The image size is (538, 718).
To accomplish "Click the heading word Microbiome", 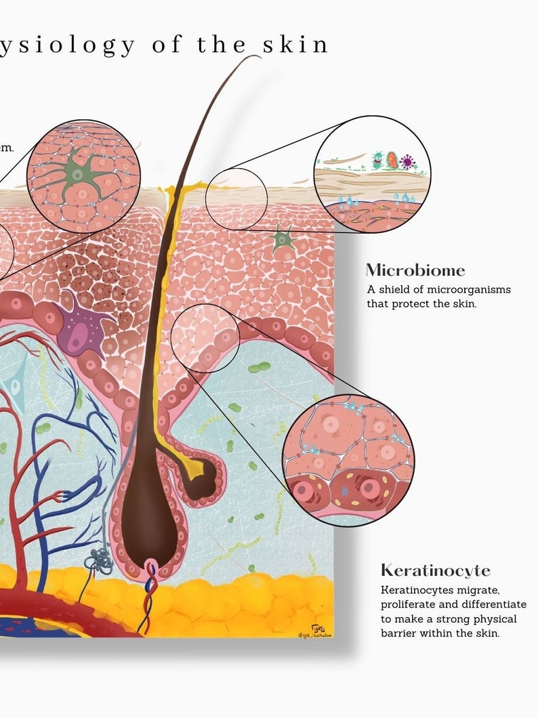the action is click(x=415, y=270).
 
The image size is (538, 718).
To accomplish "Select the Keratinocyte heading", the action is click(x=435, y=570).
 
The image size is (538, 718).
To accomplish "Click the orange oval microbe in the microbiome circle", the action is click(x=392, y=160).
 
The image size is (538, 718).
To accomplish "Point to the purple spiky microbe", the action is click(x=407, y=161).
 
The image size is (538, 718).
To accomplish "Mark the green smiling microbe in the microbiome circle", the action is click(x=377, y=160).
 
